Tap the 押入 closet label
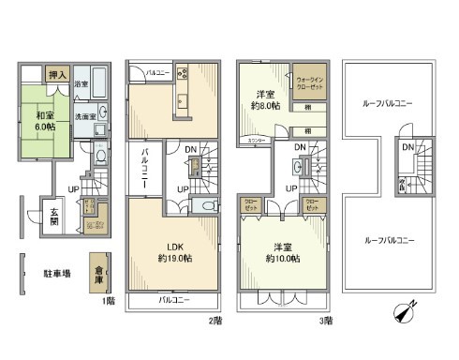(57, 73)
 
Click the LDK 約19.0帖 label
(172, 252)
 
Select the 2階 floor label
(216, 320)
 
